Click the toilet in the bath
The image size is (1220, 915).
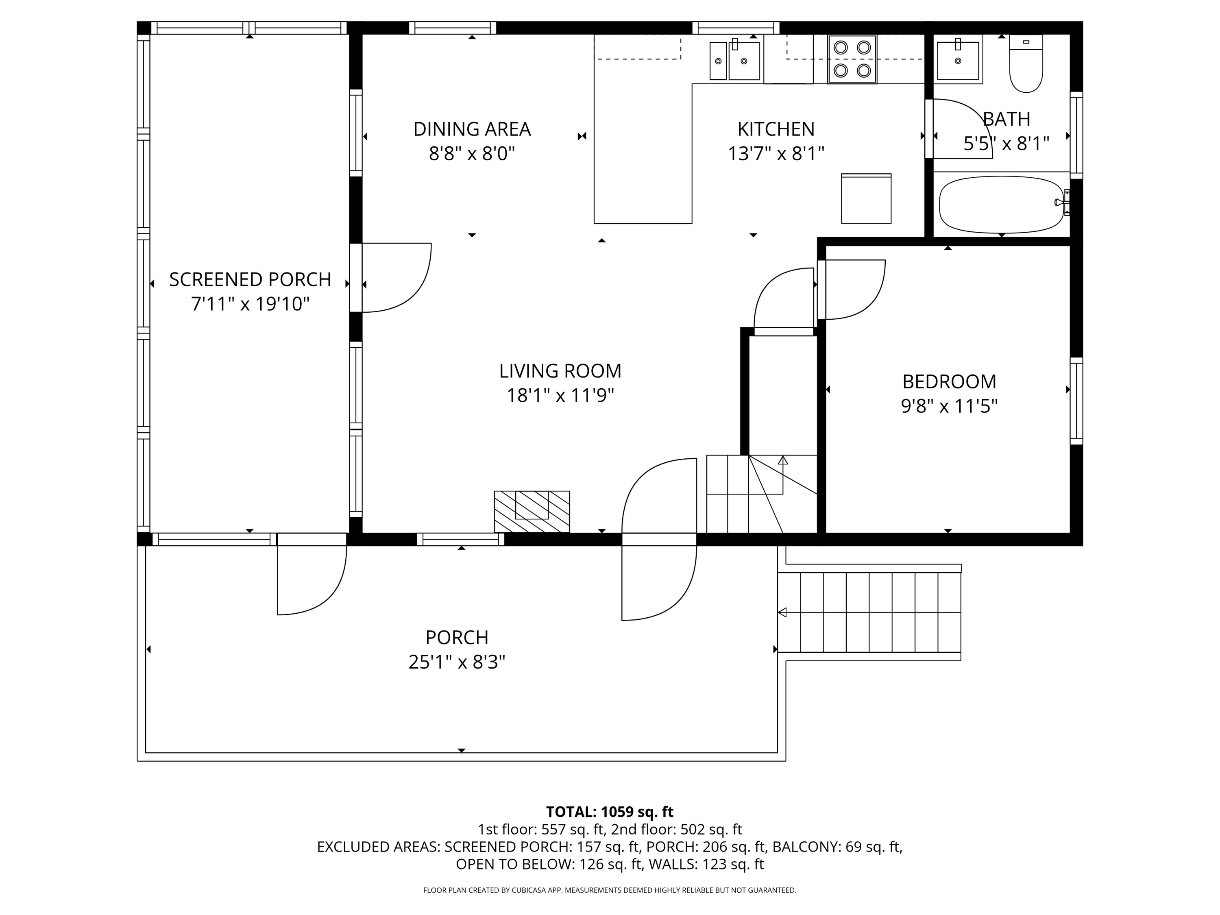(x=1026, y=63)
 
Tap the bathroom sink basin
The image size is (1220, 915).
(x=958, y=59)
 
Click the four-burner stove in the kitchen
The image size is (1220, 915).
(x=852, y=59)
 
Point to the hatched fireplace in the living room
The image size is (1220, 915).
(x=532, y=512)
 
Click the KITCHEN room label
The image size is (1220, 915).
(x=776, y=129)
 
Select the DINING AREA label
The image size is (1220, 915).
(x=472, y=129)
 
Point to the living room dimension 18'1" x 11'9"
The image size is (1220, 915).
(x=560, y=395)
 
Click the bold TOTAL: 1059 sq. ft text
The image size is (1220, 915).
(x=610, y=812)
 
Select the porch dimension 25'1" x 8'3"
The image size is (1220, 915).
(x=457, y=662)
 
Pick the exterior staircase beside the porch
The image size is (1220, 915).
(x=869, y=612)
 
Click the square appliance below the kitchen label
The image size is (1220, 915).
(x=866, y=198)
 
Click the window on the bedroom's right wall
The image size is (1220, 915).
(x=1076, y=401)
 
